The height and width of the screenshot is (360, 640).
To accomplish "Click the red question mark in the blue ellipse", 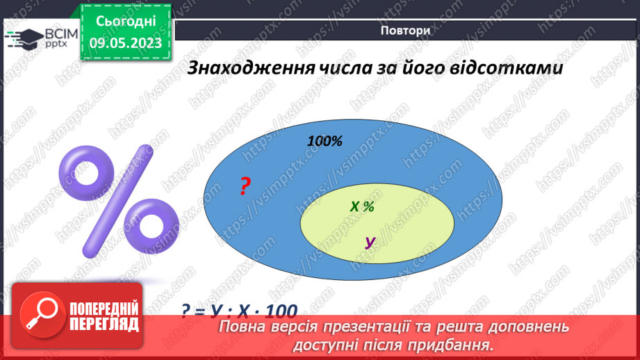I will pyautogui.click(x=245, y=186).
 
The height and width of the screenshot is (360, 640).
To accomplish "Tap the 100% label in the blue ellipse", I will pyautogui.click(x=325, y=141).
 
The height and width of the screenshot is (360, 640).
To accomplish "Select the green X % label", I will pyautogui.click(x=362, y=206).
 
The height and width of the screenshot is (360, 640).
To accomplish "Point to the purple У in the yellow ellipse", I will pyautogui.click(x=370, y=243).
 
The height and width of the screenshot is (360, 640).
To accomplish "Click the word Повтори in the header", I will pyautogui.click(x=405, y=31).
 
